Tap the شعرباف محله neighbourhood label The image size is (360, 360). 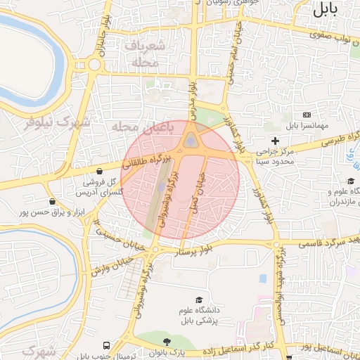[146, 53]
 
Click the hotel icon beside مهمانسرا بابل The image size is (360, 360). [307, 115]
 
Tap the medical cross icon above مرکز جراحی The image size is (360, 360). [274, 141]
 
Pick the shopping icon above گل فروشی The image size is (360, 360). [100, 171]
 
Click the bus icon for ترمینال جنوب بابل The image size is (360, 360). [105, 345]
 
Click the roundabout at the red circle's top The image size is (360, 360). [191, 142]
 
